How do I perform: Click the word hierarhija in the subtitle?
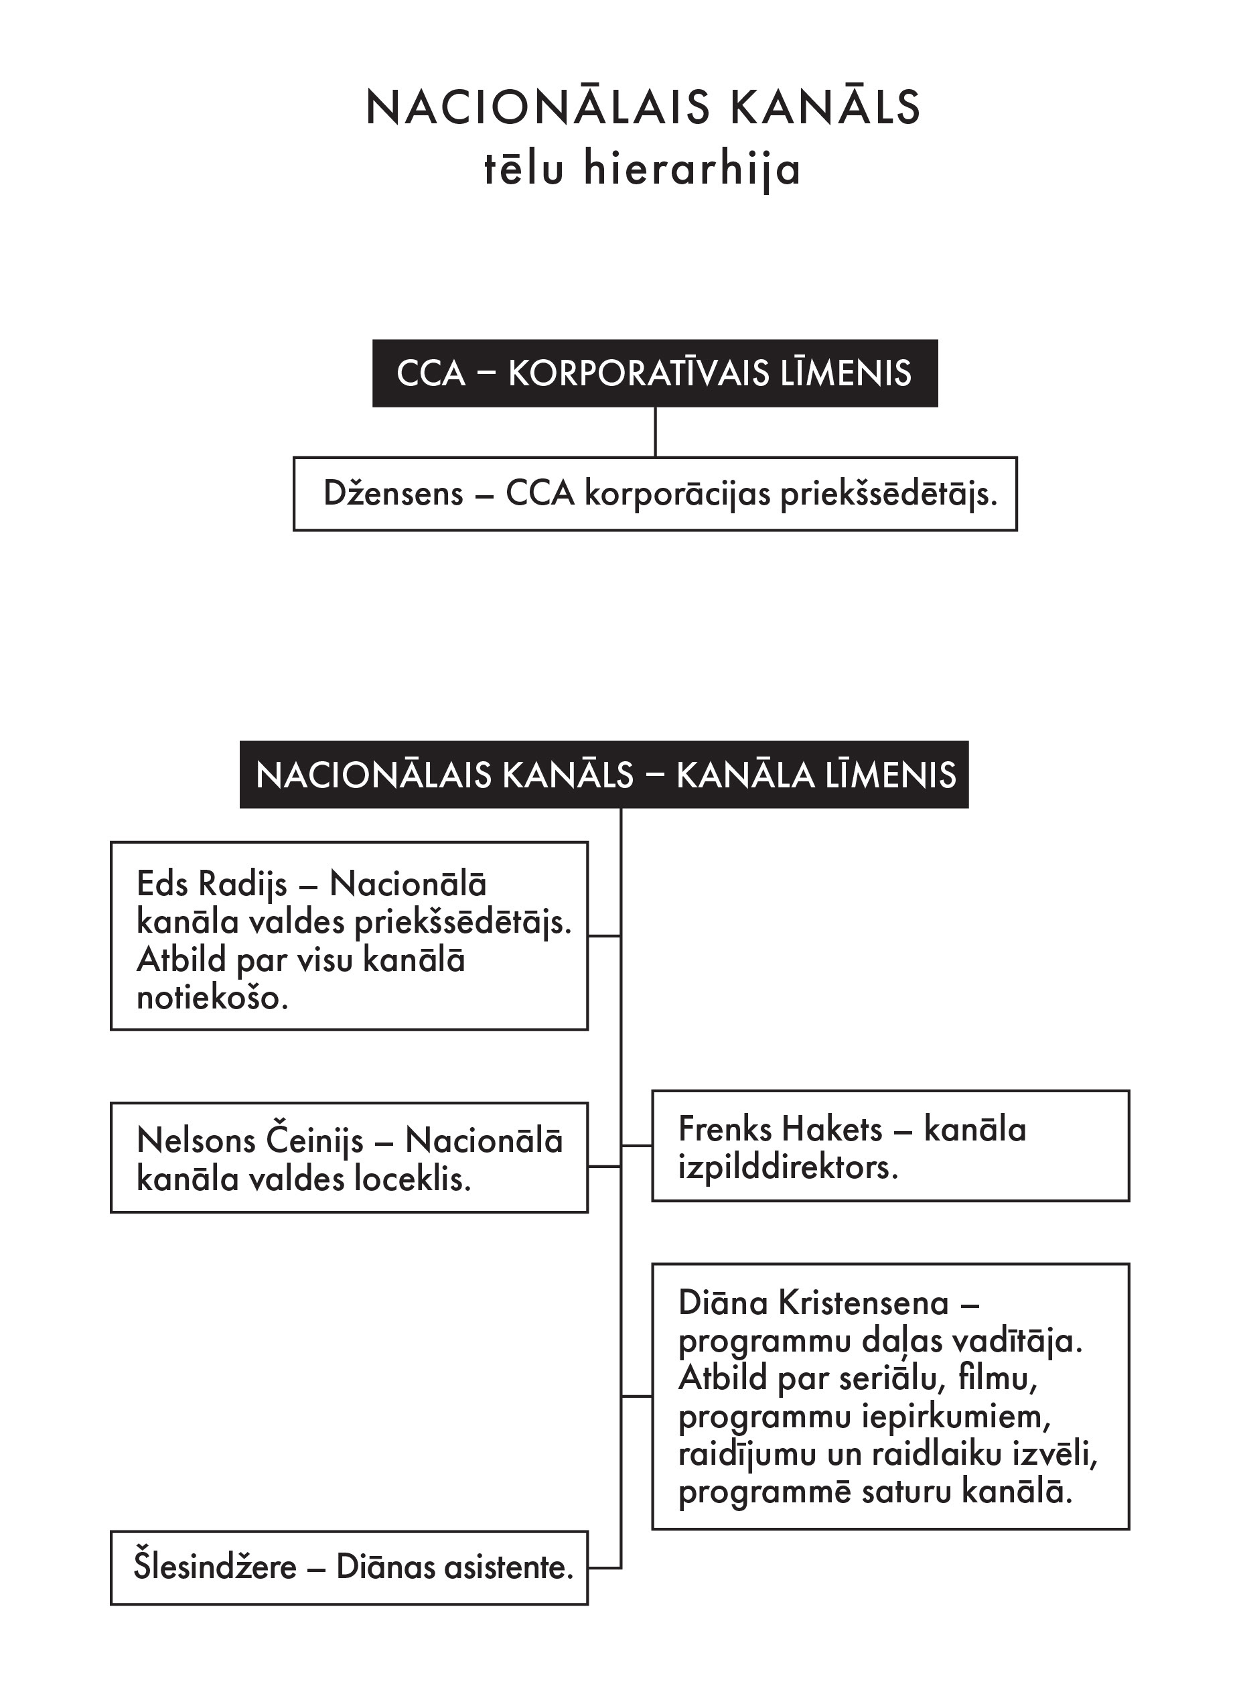tap(692, 170)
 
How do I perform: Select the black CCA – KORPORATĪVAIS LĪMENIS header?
tap(654, 373)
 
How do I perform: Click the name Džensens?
tap(393, 494)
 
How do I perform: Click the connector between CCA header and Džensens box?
tap(655, 432)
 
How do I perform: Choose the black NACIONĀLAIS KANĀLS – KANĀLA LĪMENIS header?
tap(604, 775)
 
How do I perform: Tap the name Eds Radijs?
tap(212, 884)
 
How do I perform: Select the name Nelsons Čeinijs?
tap(250, 1141)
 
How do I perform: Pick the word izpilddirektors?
tap(788, 1168)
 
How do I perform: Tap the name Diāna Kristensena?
tap(814, 1303)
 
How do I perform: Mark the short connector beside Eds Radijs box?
tap(604, 935)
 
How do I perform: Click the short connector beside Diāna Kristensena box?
tap(636, 1396)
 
